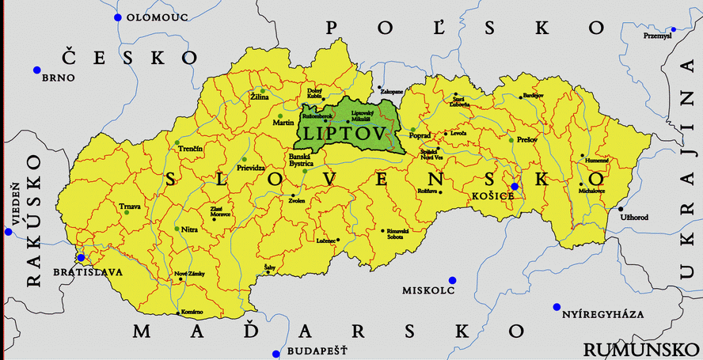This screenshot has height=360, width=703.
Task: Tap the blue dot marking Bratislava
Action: click(80, 257)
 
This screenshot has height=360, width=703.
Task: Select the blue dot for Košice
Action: click(515, 187)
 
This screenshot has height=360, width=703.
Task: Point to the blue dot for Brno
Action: click(36, 70)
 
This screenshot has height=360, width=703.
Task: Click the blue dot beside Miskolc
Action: click(452, 280)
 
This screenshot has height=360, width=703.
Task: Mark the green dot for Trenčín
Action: click(177, 142)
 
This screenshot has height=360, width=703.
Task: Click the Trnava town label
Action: click(129, 207)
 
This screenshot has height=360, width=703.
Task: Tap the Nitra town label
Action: click(190, 229)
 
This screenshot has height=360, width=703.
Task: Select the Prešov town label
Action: click(526, 140)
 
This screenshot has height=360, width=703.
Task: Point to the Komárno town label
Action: click(192, 313)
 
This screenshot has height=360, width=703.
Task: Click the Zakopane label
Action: click(392, 92)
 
